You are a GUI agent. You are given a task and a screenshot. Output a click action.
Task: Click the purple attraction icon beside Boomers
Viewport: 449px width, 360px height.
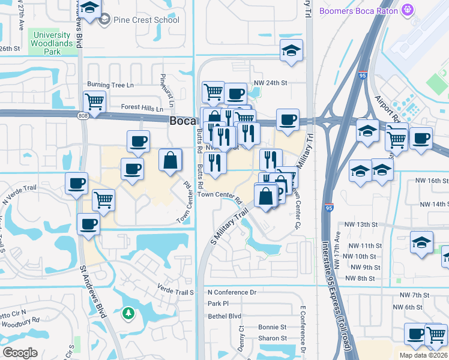[409, 10]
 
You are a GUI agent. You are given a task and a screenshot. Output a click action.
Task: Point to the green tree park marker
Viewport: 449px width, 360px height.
[127, 313]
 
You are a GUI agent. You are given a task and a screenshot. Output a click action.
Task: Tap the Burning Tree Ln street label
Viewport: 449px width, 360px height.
[110, 85]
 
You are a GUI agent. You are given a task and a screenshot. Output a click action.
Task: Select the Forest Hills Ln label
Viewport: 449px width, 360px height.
[142, 109]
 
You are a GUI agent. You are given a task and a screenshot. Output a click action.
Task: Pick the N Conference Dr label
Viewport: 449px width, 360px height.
[232, 292]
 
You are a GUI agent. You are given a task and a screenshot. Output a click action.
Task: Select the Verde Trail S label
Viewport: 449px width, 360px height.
[176, 292]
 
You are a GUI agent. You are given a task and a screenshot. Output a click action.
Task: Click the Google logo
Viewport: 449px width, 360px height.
[20, 353]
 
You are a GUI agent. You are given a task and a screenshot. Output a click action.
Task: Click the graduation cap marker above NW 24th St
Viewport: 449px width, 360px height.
[291, 50]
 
